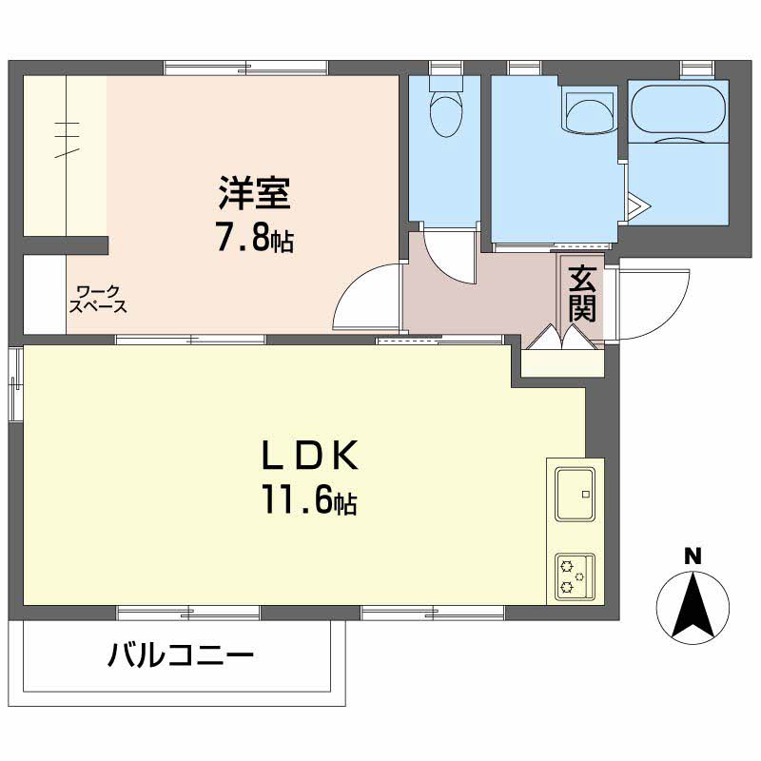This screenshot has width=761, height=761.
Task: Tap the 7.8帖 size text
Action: coord(253,239)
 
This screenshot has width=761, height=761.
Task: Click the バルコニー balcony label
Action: coord(181,655)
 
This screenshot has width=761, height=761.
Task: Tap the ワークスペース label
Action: coord(98,300)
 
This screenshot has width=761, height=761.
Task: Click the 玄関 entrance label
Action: coord(582,293)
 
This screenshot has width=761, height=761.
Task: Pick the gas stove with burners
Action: coord(574,576)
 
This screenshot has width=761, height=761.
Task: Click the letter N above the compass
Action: coord(693,556)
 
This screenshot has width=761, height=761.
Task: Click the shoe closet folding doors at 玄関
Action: coord(562,341)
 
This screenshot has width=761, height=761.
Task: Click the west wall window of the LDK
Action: coord(14,384)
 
